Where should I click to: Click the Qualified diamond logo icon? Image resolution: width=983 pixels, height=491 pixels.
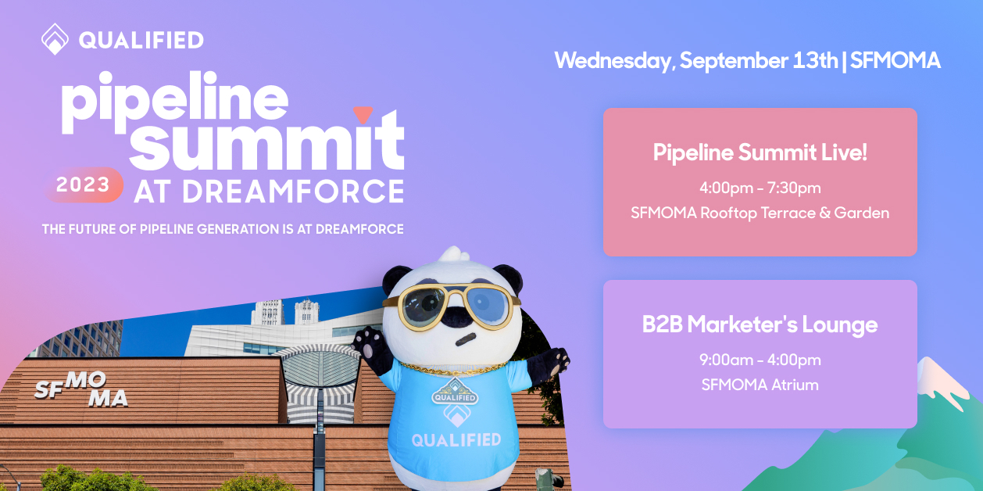point(55,39)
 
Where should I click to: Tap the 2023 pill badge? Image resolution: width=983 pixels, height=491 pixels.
point(83,185)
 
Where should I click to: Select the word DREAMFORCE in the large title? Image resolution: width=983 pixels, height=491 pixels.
point(293,192)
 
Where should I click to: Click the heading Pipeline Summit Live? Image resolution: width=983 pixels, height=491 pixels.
point(760,152)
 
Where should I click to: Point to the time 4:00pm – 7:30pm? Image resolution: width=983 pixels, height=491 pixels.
point(760,188)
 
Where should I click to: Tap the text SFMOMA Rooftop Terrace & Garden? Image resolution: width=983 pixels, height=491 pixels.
point(760,213)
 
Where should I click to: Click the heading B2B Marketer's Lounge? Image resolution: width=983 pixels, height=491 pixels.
point(760,324)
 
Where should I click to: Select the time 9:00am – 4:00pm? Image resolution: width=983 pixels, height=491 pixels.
point(760,360)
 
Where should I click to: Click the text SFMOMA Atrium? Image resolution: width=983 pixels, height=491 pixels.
point(760,385)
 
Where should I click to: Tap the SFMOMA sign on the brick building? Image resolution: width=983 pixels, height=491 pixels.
point(81,389)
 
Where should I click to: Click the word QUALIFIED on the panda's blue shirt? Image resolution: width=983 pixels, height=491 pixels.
point(456,440)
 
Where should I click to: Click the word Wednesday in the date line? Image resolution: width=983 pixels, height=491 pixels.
point(612,61)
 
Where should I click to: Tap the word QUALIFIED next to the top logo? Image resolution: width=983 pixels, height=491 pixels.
point(141,40)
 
